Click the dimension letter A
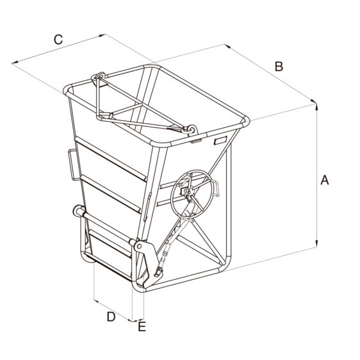click(x=325, y=180)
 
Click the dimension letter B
click(x=279, y=67)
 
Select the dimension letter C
click(x=58, y=40)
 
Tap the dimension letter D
click(x=111, y=317)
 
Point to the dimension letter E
click(x=142, y=326)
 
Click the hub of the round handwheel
click(x=189, y=192)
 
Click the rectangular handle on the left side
click(x=74, y=165)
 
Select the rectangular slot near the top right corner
click(x=220, y=140)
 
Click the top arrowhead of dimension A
click(x=316, y=106)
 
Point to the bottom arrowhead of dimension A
click(x=316, y=244)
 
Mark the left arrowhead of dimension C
click(x=15, y=62)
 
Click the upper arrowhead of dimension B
click(x=227, y=46)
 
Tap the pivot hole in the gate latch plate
click(x=139, y=247)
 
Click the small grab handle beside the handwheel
click(x=216, y=188)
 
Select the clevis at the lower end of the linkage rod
click(x=158, y=273)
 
